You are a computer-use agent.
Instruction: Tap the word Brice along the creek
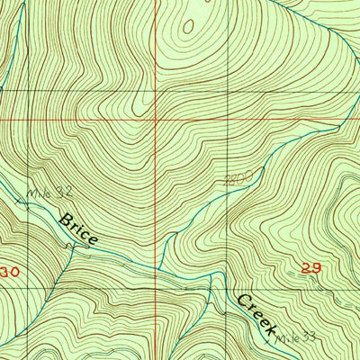[x=77, y=230]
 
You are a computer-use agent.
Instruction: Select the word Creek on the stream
[x=258, y=313]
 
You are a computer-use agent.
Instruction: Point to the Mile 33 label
[x=294, y=338]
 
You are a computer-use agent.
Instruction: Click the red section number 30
[x=9, y=271]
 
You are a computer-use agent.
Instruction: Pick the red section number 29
[x=311, y=268]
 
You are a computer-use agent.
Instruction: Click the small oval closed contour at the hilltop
[x=189, y=27]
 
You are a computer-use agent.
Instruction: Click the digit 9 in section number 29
[x=317, y=268]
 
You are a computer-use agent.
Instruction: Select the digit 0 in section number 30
[x=14, y=271]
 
